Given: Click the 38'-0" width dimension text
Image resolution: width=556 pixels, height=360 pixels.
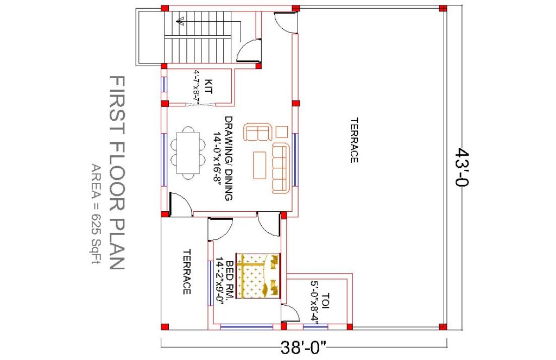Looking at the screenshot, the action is tap(304, 348).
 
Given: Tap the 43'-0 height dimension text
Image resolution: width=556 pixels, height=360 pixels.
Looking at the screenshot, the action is tap(463, 167).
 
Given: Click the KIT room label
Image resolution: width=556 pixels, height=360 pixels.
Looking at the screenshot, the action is tap(208, 86).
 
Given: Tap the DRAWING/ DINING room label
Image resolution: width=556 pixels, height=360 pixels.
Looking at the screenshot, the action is tap(229, 158).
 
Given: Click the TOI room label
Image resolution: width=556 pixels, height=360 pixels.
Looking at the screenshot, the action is tap(326, 300).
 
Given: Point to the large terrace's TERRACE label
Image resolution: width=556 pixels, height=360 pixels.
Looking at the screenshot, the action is tap(354, 140).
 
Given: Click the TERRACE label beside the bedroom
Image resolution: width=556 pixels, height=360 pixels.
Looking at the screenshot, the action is tap(187, 272).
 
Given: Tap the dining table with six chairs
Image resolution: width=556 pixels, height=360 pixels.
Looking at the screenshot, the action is tap(188, 153).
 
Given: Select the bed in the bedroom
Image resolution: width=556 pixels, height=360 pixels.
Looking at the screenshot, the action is tap(258, 276).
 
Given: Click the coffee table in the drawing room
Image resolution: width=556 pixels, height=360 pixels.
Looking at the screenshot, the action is tap(260, 165).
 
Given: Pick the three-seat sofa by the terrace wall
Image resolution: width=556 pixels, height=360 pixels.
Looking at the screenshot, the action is tap(280, 168).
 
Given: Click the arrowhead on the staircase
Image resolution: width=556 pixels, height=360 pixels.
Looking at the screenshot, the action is tap(179, 22).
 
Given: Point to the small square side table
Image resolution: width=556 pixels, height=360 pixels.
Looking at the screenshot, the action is tap(282, 131).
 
